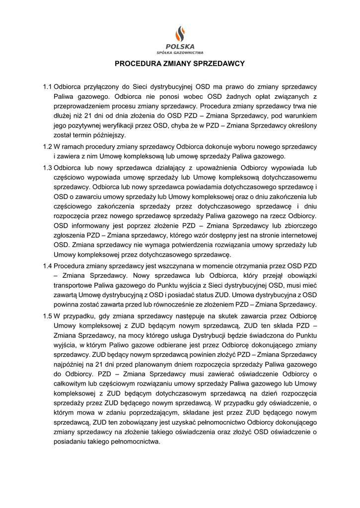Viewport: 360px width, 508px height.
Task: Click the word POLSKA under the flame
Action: pyautogui.click(x=180, y=47)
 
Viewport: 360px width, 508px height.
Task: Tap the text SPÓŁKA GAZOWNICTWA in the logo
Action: pyautogui.click(x=180, y=52)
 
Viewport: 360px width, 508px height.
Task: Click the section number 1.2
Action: pyautogui.click(x=48, y=147)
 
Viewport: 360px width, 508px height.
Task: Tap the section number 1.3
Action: pyautogui.click(x=48, y=168)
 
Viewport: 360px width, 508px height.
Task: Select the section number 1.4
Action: pyautogui.click(x=48, y=265)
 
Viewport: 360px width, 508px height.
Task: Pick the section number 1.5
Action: pyautogui.click(x=48, y=316)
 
